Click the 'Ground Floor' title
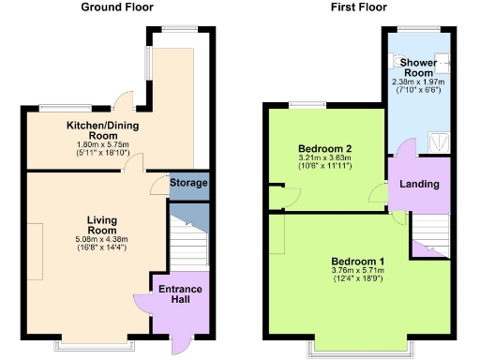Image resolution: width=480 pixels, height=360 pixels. pos(117,7)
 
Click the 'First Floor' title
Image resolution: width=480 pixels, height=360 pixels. pos(357,7)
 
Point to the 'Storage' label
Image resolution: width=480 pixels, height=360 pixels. pos(188,183)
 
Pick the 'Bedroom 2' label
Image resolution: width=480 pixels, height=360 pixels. pos(324,149)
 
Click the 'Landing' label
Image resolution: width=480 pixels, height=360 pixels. pos(419,184)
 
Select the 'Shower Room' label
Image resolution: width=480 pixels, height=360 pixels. pos(417,67)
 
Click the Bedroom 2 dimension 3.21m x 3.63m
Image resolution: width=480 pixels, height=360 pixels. pos(324,159)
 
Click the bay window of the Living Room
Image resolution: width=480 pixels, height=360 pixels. pos(95,345)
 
